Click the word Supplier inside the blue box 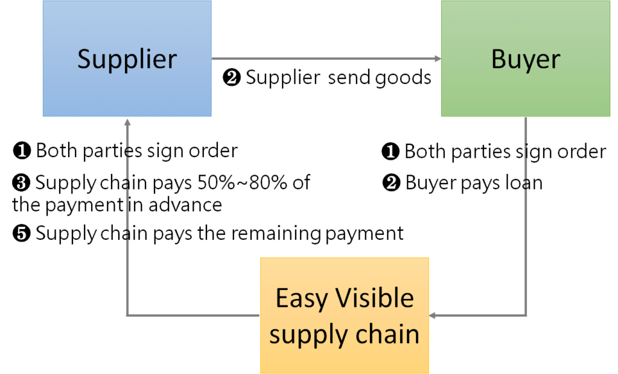pos(127,59)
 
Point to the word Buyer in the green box pos(525,59)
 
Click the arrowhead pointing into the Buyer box pos(436,59)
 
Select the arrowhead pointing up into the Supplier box pos(127,121)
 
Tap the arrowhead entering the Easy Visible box pos(434,315)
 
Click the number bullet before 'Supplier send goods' pos(232,79)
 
